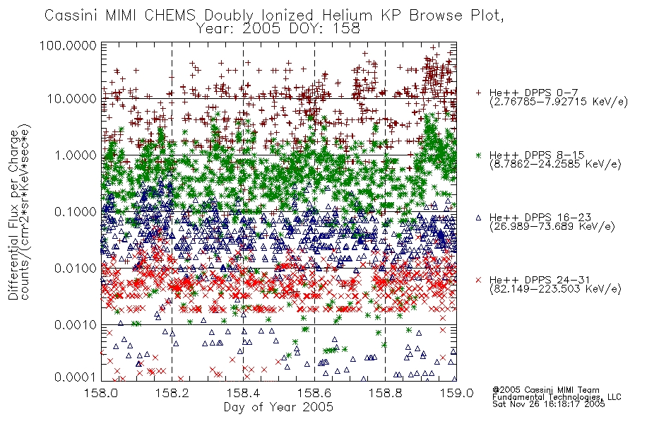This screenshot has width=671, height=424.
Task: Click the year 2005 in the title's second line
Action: pos(261,29)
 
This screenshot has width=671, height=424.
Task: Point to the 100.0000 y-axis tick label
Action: pos(69,45)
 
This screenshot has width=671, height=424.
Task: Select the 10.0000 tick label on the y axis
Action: pos(72,99)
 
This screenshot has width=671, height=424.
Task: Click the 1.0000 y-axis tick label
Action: pos(76,155)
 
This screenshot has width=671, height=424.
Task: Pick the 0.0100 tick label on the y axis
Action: pos(76,269)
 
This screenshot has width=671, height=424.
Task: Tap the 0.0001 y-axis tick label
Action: pos(76,377)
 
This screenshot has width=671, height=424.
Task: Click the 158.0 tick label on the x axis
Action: pos(101,393)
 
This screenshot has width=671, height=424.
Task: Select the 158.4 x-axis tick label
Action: pos(243,393)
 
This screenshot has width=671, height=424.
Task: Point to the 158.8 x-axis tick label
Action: pos(385,393)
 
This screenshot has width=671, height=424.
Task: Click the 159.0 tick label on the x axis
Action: pos(456,393)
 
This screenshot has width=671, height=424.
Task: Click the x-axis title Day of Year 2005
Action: pos(278,407)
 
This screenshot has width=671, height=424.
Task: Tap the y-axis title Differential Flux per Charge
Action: pos(14,215)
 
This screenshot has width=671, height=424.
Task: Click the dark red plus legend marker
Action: pos(478,93)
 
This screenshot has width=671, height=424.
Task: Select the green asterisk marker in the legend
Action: pos(478,155)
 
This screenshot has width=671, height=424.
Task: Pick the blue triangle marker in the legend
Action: pos(478,218)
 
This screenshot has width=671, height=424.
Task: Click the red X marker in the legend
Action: pos(478,280)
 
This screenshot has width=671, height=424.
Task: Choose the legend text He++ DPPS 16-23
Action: pos(540,218)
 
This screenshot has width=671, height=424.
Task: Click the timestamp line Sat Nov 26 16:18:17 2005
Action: pos(549,404)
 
